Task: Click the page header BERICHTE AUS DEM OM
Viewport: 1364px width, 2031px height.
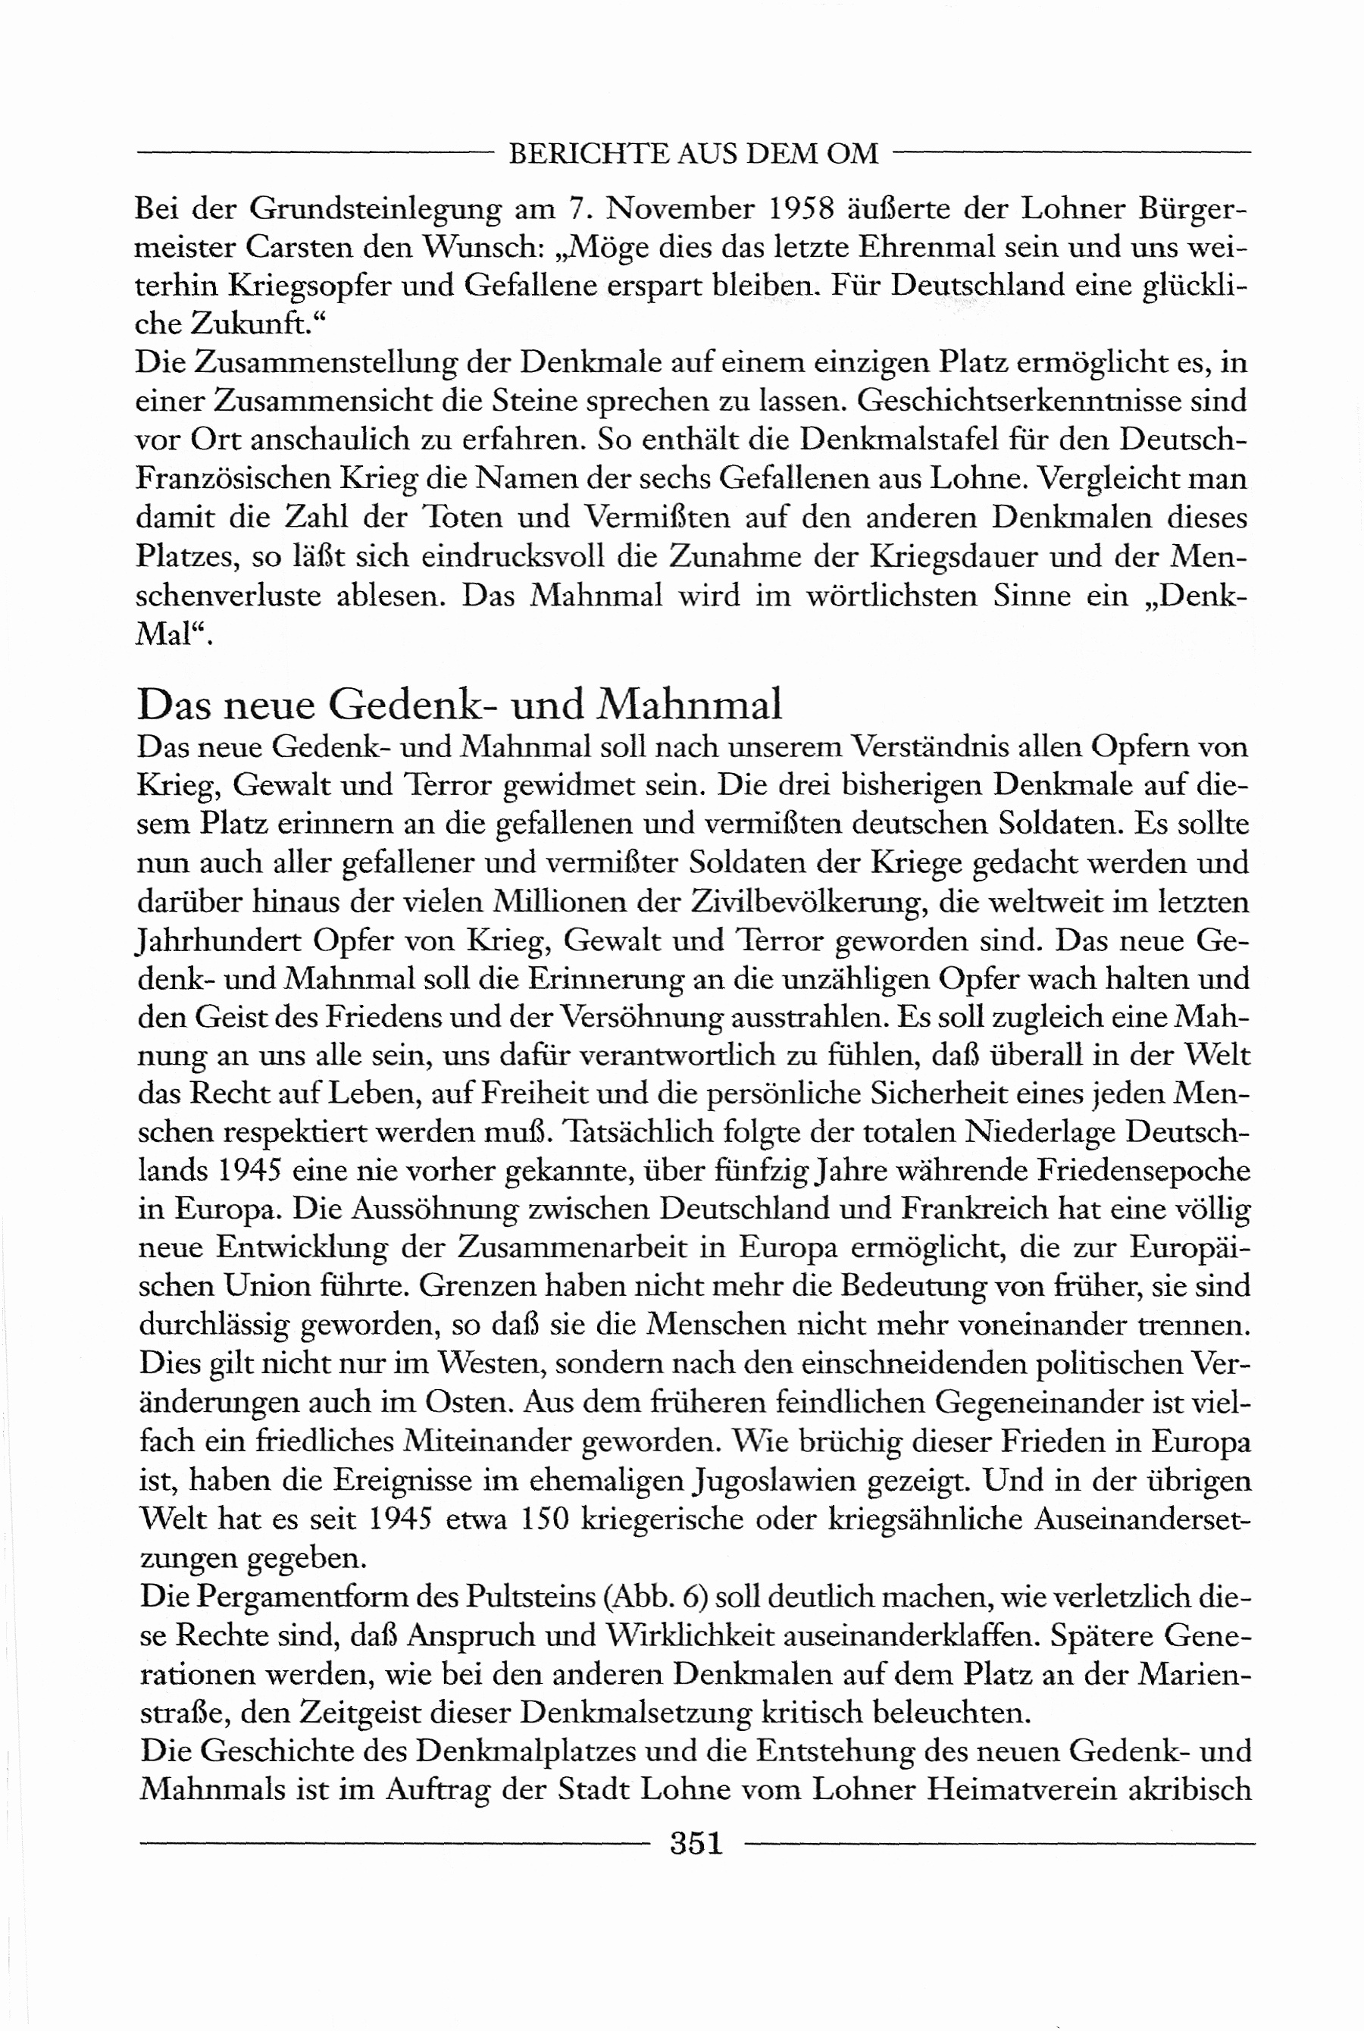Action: [x=693, y=154]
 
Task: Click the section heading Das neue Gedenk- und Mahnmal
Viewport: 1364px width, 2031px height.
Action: [x=459, y=704]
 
